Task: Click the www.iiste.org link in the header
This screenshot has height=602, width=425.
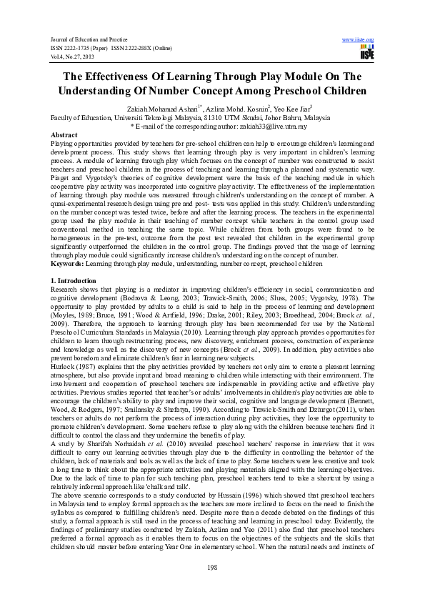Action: (359, 39)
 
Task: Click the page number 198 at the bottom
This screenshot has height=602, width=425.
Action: (212, 568)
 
